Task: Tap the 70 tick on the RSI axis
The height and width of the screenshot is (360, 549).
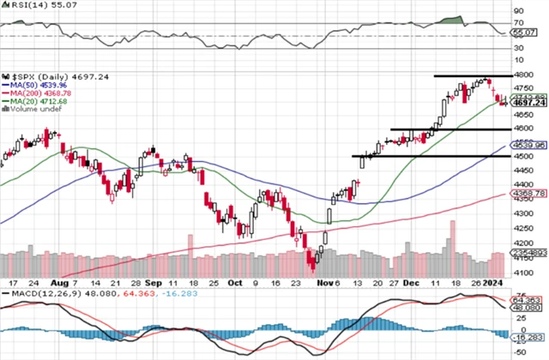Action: click(x=519, y=23)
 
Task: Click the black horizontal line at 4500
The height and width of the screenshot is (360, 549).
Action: click(x=412, y=156)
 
